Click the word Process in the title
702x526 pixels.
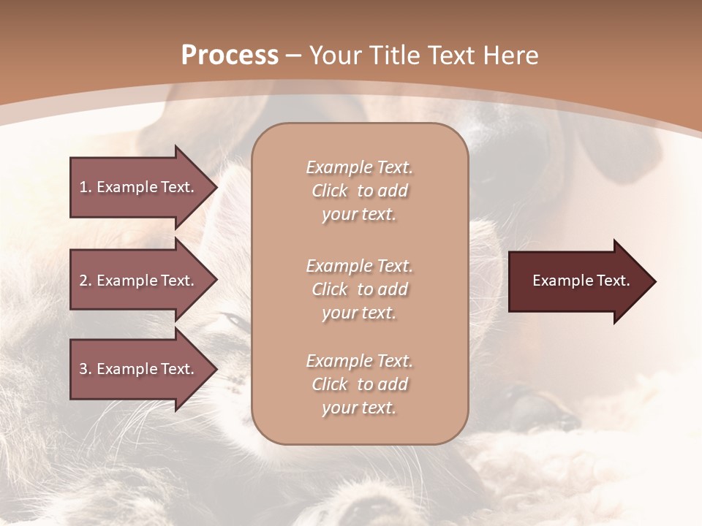230,56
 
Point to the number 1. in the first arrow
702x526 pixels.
86,187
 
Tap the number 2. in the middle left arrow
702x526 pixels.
86,281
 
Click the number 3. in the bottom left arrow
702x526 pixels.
86,369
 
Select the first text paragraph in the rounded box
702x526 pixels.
359,191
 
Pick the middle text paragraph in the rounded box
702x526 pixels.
359,289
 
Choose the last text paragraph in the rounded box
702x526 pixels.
359,384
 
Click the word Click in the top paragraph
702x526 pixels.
330,191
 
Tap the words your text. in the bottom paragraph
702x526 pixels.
359,408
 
